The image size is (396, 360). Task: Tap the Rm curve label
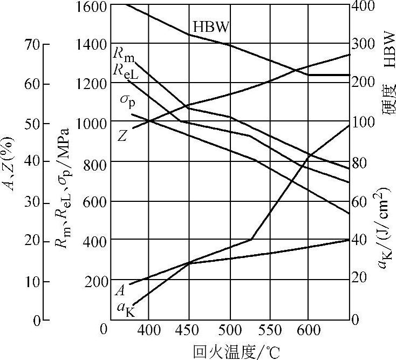pyautogui.click(x=124, y=55)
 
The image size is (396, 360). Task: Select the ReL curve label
pyautogui.click(x=126, y=71)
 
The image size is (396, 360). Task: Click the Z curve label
pyautogui.click(x=123, y=135)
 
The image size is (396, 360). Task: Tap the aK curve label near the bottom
pyautogui.click(x=125, y=309)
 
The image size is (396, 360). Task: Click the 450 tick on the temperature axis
pyautogui.click(x=189, y=330)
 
